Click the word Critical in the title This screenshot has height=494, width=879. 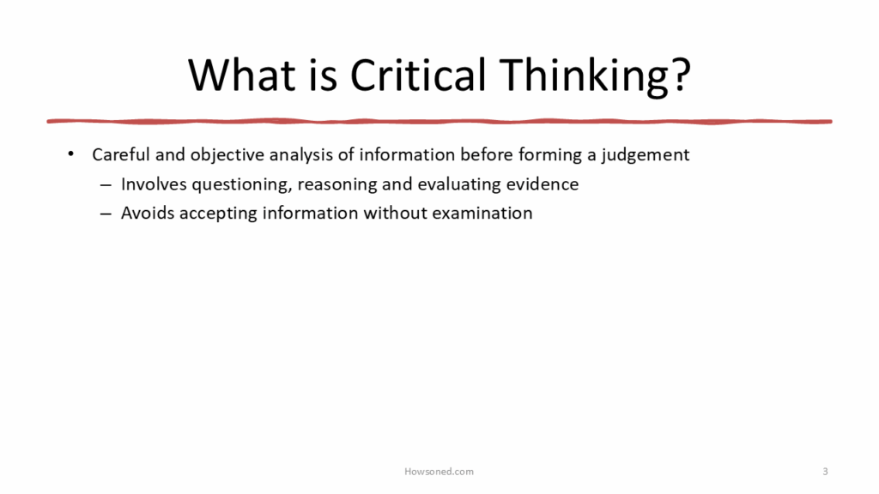click(418, 75)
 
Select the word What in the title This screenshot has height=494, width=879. click(241, 75)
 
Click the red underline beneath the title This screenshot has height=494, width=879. click(439, 121)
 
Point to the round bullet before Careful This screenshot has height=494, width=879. click(70, 154)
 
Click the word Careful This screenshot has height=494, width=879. click(121, 154)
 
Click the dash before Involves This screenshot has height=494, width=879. click(106, 184)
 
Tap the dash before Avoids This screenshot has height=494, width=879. click(106, 214)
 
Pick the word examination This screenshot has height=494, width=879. click(482, 213)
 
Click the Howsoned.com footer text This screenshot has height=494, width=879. click(439, 472)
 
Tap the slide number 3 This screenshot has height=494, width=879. click(825, 472)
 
